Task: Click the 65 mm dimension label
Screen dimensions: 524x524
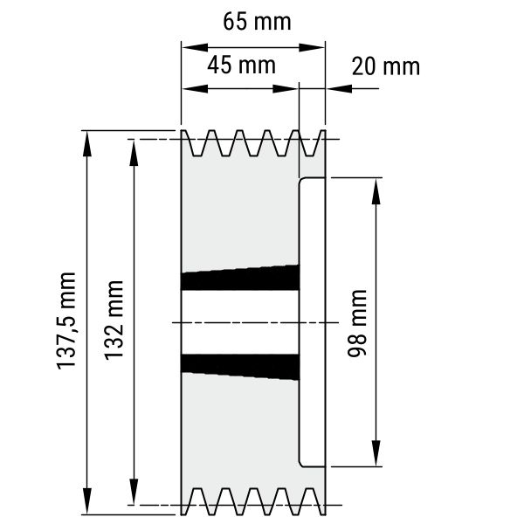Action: (257, 21)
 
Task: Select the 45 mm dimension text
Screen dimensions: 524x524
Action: (241, 65)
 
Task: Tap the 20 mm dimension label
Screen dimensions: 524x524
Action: (386, 66)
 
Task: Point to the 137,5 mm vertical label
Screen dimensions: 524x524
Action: (66, 321)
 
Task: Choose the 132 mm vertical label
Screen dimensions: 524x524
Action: (114, 321)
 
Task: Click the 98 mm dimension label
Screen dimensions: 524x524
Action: (357, 323)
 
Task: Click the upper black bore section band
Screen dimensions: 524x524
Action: (240, 278)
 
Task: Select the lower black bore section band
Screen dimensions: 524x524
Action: (240, 367)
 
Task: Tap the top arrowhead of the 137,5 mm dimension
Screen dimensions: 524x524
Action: (86, 143)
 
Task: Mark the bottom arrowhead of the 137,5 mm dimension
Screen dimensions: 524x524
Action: (86, 501)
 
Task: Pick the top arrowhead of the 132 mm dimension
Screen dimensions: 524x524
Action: (134, 153)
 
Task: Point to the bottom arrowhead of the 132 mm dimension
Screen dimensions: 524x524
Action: (134, 492)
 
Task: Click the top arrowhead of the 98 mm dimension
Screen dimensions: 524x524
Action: (376, 191)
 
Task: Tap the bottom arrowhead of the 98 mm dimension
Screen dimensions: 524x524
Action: (376, 453)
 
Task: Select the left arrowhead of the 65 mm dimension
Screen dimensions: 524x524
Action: (195, 47)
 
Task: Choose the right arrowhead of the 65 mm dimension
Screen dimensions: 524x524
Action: (312, 47)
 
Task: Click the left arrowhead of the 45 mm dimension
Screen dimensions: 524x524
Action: (195, 88)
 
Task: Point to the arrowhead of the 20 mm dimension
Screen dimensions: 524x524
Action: (340, 88)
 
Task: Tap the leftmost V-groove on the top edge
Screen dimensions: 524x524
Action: (196, 144)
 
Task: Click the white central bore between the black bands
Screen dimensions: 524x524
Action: (240, 322)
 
